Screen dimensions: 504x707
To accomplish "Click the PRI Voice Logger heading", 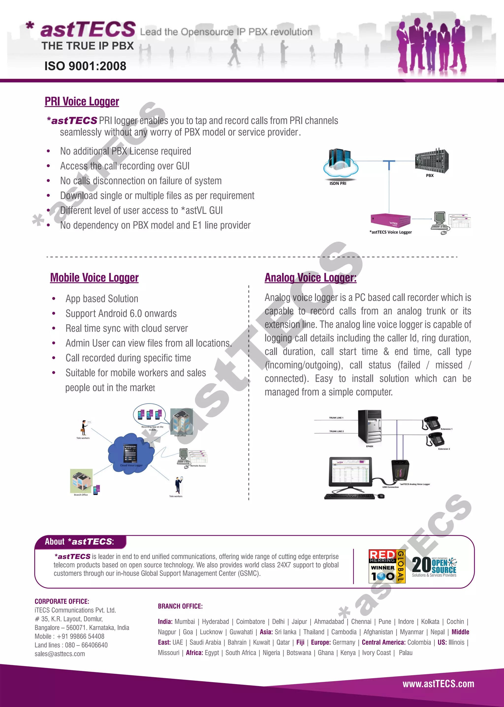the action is point(82,101).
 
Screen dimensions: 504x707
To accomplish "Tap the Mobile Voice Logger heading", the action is point(94,278).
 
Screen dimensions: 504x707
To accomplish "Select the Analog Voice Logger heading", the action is point(310,278).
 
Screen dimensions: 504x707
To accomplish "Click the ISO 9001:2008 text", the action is point(85,66).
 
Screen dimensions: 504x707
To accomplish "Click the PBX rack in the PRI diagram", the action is point(431,161).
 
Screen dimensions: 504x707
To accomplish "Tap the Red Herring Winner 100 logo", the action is point(387,566).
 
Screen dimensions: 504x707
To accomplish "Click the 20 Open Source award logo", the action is point(434,566).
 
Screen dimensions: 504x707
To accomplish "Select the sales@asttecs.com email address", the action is point(60,654).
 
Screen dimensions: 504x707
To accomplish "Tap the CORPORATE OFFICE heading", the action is point(62,601).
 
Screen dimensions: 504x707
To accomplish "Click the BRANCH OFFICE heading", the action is point(180,606).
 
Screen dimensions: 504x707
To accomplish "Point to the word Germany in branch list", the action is point(344,642).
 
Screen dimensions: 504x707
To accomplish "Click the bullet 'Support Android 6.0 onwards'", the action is point(121,314).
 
